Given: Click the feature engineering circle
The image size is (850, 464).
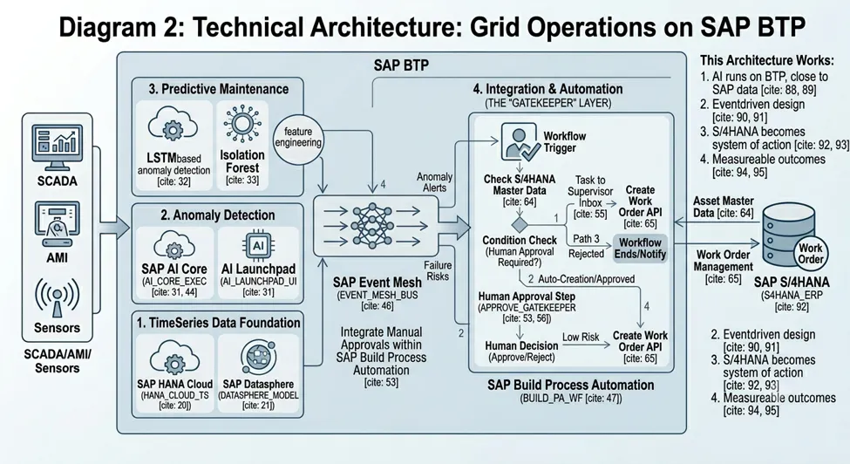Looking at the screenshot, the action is coord(297,138).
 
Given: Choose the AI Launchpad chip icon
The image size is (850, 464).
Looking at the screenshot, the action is coord(258,247).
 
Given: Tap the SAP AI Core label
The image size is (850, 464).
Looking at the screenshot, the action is coord(174,269).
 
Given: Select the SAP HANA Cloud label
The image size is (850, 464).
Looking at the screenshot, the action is coord(174,384).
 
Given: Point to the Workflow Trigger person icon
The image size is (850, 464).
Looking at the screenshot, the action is coord(520,141).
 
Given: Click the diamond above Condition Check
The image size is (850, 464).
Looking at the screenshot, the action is coord(520,224).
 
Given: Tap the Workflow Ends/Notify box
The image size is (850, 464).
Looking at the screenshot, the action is coord(640,249).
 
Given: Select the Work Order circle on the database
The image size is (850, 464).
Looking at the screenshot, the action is coord(810,253).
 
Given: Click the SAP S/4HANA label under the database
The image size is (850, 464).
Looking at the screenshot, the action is coord(792,282).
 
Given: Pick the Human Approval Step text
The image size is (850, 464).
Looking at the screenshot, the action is coord(527,297).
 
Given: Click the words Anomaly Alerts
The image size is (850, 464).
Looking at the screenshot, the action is coord(435,182).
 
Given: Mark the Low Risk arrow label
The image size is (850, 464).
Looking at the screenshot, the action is coord(581,337).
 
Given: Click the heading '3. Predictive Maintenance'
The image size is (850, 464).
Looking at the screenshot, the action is coord(219,89).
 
